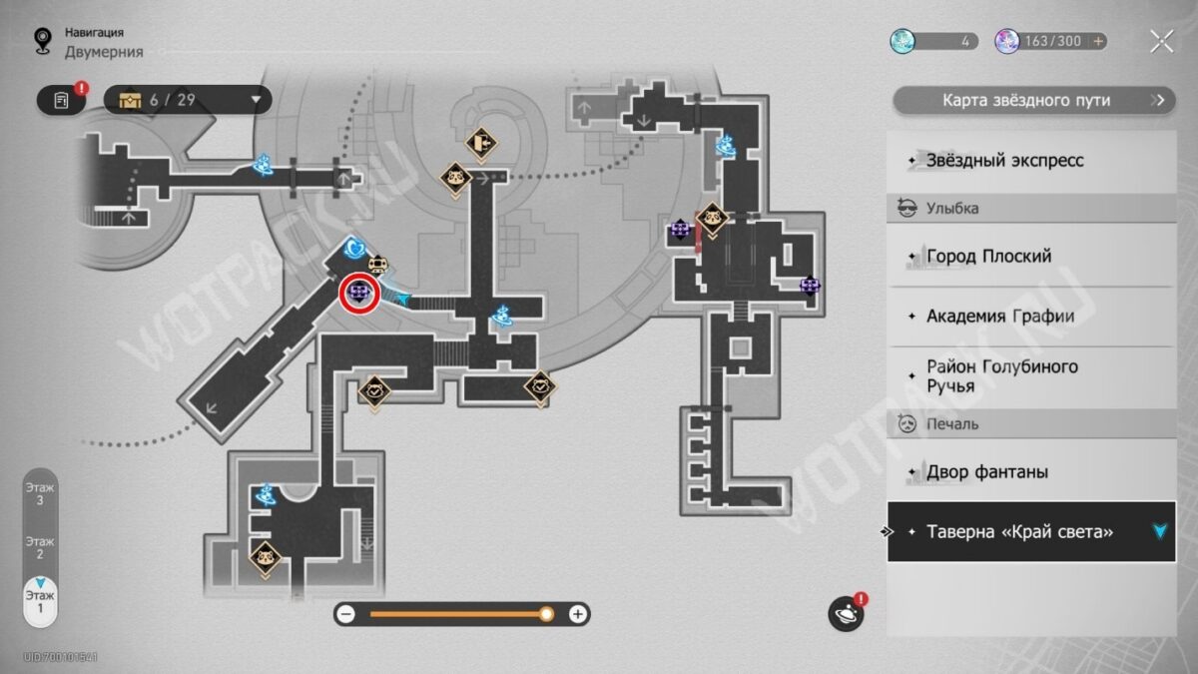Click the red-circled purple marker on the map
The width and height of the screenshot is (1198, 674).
(358, 293)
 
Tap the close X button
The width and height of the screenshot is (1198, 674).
(1162, 41)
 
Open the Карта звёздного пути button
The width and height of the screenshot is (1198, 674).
(1034, 100)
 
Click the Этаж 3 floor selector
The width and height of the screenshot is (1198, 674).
(40, 493)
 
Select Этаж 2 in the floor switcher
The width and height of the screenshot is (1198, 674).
(40, 548)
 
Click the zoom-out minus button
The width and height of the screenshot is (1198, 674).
(346, 614)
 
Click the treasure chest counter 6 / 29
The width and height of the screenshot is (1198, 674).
(188, 100)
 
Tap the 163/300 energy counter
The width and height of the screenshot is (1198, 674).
(1050, 41)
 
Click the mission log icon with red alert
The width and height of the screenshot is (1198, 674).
(61, 100)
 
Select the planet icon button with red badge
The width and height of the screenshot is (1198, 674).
(846, 614)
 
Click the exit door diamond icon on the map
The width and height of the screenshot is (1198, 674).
(481, 144)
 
